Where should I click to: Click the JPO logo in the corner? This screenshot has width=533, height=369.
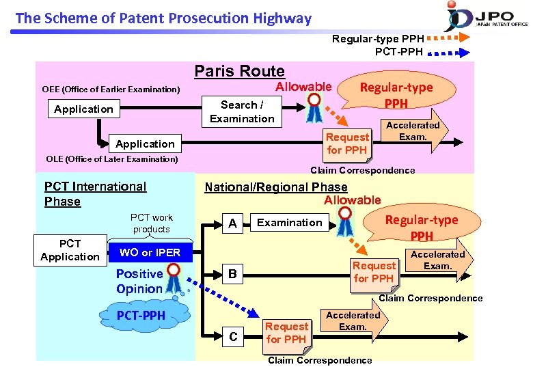click(487, 16)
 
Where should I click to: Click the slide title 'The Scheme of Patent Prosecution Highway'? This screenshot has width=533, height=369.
click(163, 18)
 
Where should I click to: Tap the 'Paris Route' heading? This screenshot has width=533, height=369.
click(239, 71)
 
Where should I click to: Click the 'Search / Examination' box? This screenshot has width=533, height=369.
click(242, 112)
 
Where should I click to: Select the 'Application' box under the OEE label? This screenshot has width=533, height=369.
click(84, 109)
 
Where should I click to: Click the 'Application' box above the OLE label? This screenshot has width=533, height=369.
click(145, 143)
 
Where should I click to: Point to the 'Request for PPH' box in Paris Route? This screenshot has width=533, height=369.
click(347, 143)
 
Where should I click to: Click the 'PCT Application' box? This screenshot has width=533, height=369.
click(70, 250)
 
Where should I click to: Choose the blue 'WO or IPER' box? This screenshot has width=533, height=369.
click(150, 252)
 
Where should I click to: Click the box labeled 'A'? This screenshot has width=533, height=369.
click(232, 223)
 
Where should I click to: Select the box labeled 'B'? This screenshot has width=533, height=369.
click(232, 275)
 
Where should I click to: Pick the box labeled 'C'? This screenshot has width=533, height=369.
click(233, 337)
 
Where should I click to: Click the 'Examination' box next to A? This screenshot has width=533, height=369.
click(289, 223)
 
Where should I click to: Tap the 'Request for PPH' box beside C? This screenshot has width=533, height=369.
click(286, 333)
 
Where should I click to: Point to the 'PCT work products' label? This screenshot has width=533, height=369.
click(152, 223)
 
